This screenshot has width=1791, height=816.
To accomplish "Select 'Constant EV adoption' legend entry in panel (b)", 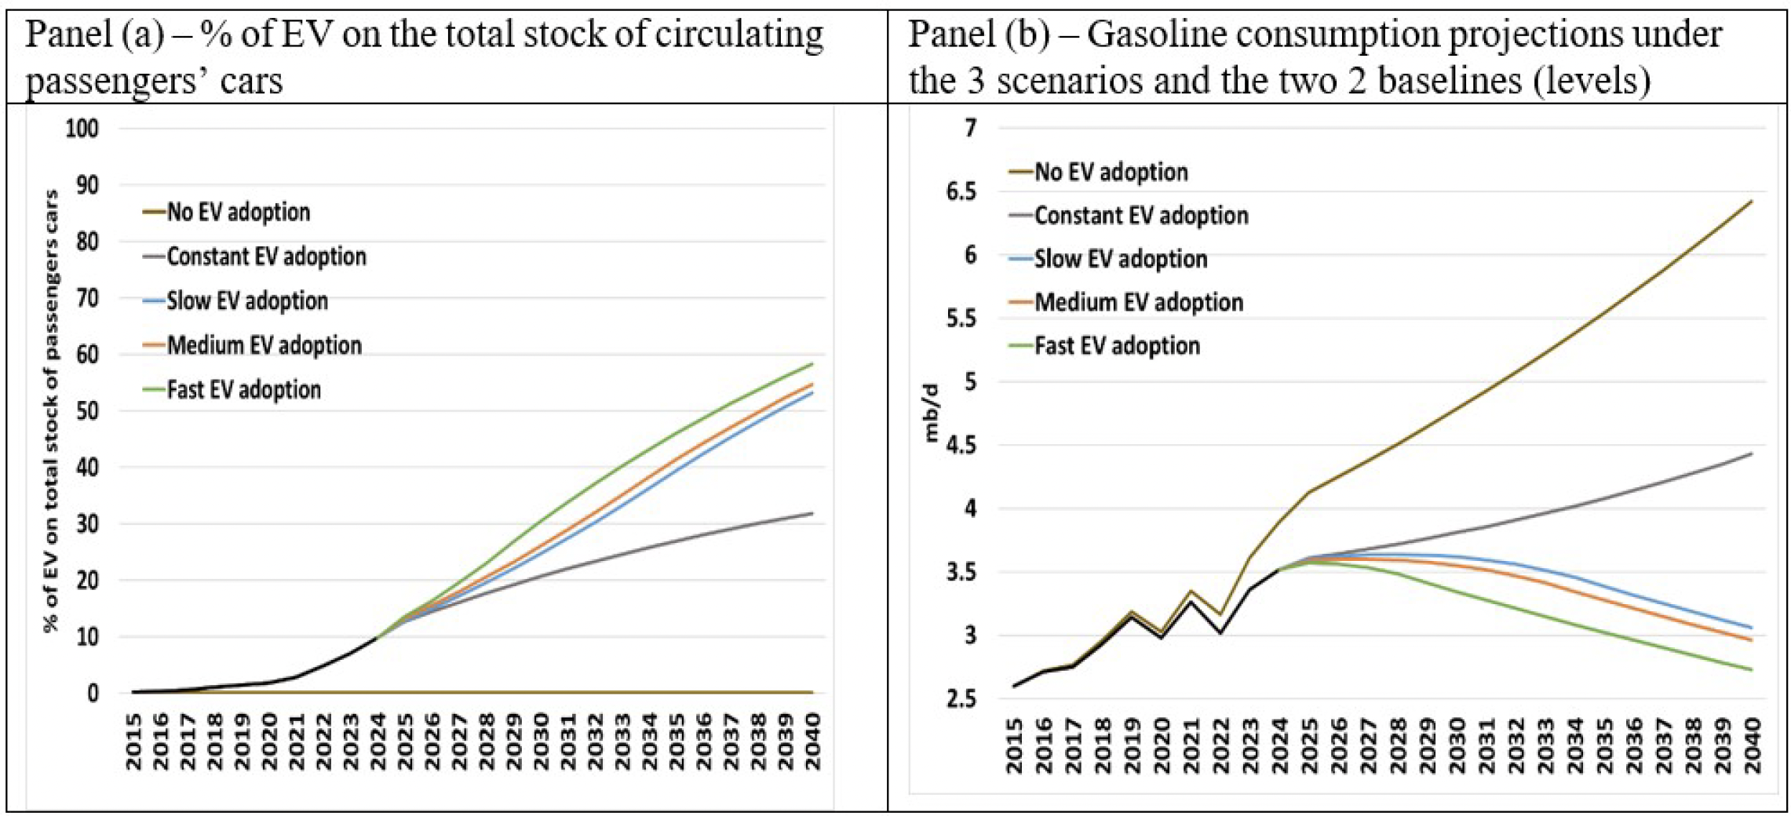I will coord(1140,216).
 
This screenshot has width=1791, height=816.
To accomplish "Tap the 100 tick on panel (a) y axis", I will coord(82,129).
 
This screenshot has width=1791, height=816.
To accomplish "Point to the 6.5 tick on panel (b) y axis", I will coord(961,191).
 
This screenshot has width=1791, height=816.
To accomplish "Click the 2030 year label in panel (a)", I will coord(541,741).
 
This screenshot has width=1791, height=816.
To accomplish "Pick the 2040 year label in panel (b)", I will coord(1752,745).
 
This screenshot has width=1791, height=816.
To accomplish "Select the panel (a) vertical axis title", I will coord(51,410).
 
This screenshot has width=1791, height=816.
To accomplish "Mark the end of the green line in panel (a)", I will coord(812,363).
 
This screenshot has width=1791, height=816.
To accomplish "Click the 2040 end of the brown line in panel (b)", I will coord(1752,202).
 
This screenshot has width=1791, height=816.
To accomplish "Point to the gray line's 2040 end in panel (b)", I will coord(1752,454).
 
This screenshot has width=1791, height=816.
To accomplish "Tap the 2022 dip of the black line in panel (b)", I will coord(1220,632).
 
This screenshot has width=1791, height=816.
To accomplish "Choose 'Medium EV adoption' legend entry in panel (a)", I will coord(264,345).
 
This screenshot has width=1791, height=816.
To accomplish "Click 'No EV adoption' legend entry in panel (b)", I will coord(1111,173).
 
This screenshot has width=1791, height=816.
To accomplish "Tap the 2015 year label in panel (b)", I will coord(1015,745).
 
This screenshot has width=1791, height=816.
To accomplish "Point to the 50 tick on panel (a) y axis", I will coord(88,411).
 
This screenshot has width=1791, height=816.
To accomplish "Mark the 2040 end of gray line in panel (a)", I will coord(812,513).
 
